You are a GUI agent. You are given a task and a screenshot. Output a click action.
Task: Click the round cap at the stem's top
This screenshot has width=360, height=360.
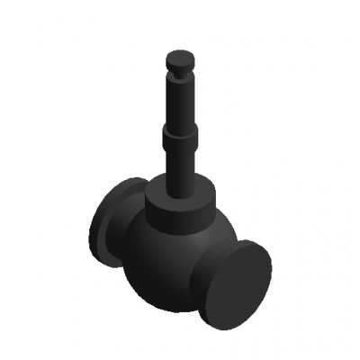[x=180, y=63]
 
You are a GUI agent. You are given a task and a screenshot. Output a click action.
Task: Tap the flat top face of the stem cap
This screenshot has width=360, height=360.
[x=180, y=57]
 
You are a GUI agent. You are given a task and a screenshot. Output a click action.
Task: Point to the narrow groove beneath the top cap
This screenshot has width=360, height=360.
[x=180, y=74]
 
